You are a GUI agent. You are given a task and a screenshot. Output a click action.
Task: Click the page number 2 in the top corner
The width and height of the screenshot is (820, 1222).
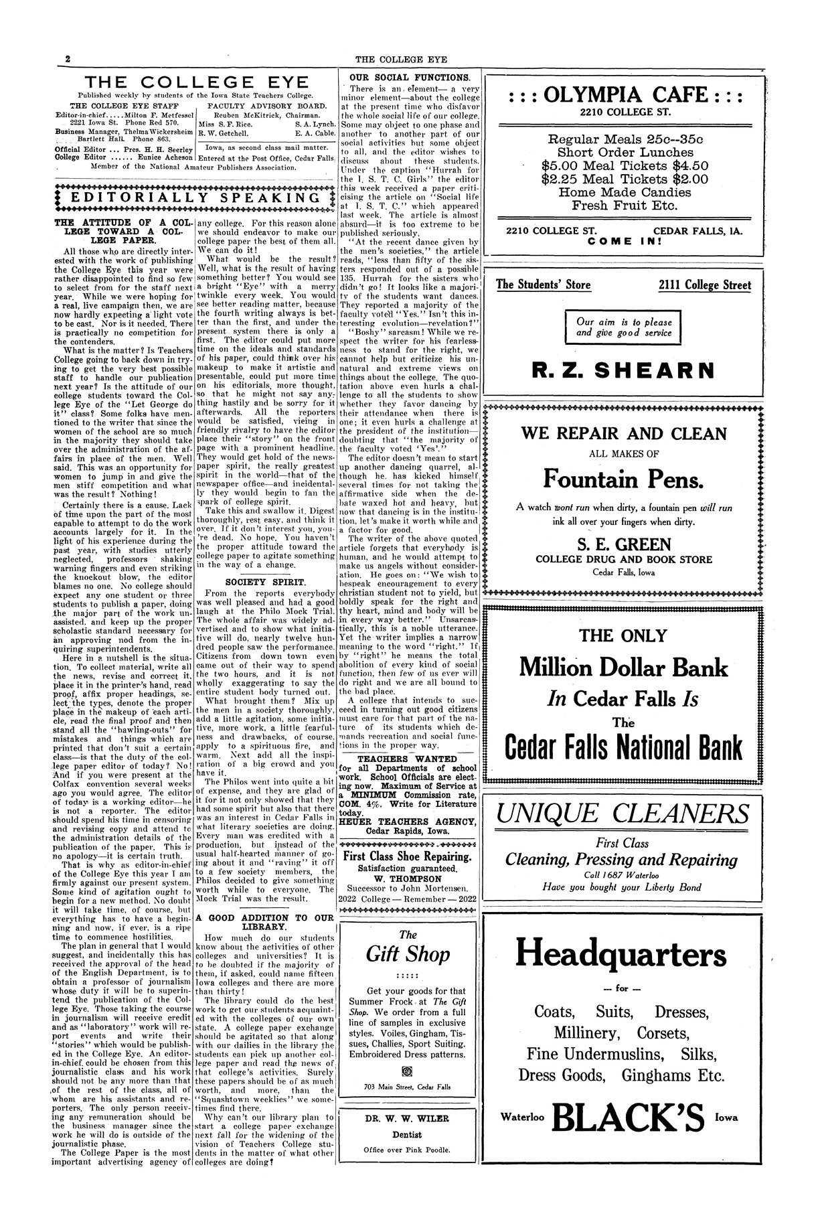click(x=68, y=59)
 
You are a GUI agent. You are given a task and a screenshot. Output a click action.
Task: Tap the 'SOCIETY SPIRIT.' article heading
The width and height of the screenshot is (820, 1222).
click(x=265, y=582)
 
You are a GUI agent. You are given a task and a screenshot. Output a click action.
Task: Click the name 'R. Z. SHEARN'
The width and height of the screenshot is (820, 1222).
click(x=623, y=370)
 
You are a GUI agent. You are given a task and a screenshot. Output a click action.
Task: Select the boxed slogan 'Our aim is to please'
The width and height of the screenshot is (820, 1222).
click(x=624, y=321)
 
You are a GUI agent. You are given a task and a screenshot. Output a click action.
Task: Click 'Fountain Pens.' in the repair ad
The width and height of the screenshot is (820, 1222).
click(x=623, y=479)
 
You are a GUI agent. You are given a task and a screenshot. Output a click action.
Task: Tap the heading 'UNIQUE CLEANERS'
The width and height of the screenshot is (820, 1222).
click(x=623, y=814)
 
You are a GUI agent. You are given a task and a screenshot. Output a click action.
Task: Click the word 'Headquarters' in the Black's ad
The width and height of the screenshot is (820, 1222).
click(x=623, y=954)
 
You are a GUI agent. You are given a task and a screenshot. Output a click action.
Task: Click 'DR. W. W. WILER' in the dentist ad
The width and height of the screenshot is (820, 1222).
click(x=407, y=1118)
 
